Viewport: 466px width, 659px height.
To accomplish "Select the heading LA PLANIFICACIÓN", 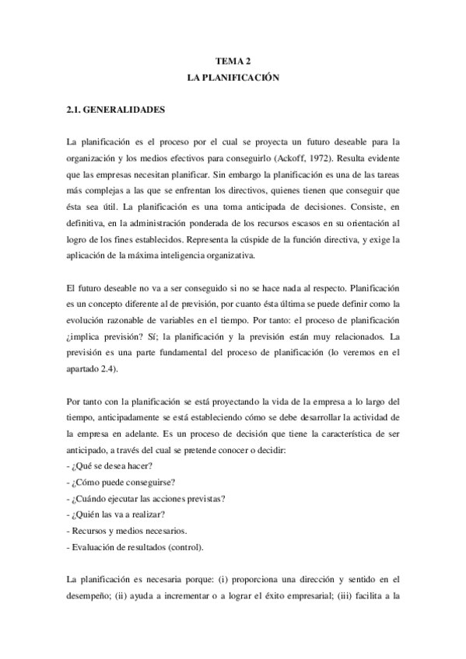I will click(x=233, y=78).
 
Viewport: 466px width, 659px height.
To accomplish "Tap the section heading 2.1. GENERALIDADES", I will click(x=116, y=110).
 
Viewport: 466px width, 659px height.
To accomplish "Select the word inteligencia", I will click(x=203, y=256).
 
